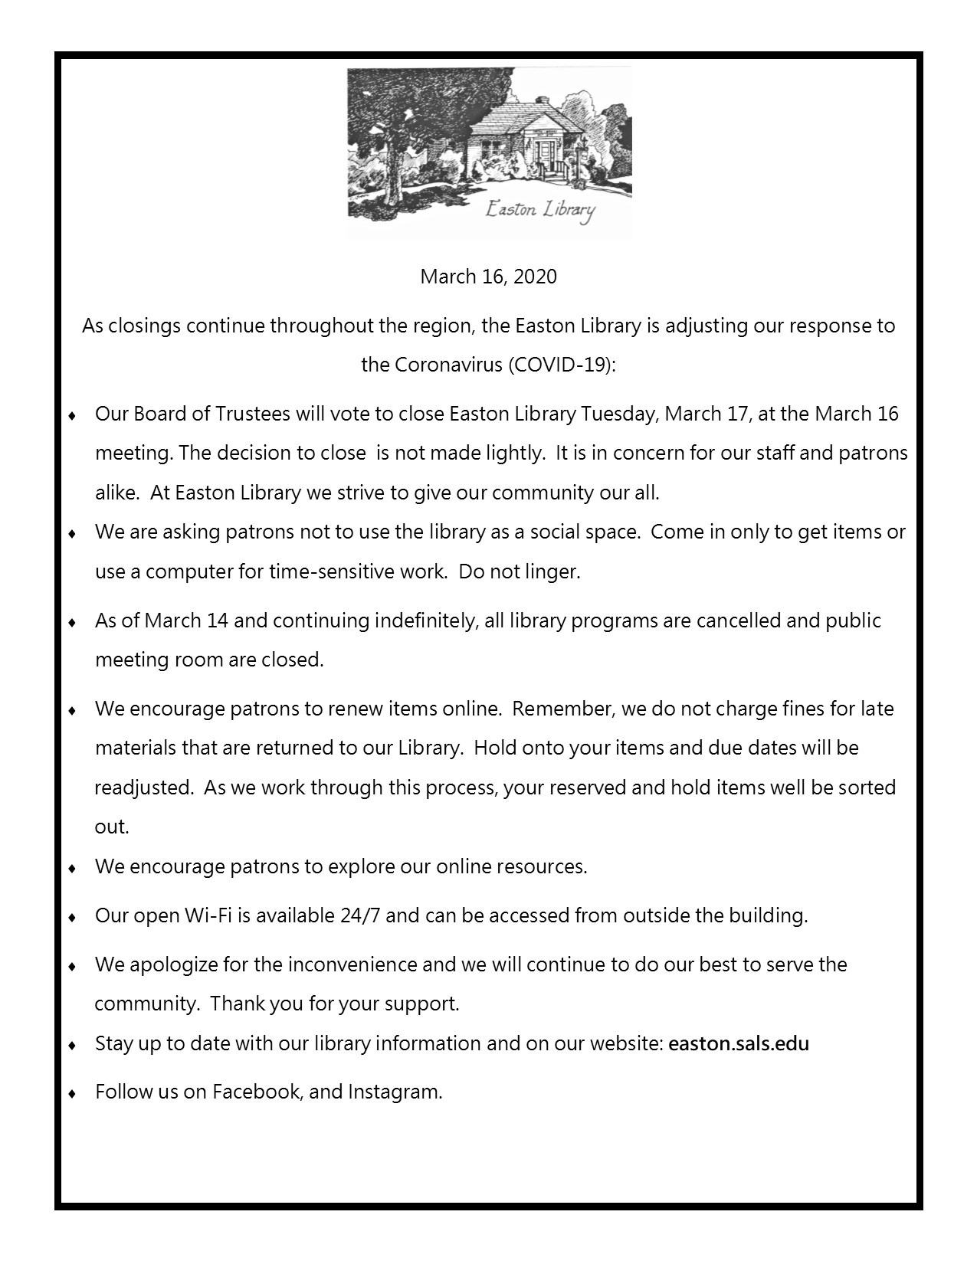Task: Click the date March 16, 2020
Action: [488, 277]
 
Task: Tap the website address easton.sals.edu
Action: [739, 1043]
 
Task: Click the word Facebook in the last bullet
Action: [255, 1092]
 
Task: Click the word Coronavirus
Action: [448, 365]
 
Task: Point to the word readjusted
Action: [143, 788]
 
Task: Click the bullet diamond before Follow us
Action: [72, 1093]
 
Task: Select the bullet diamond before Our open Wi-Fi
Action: [72, 917]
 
